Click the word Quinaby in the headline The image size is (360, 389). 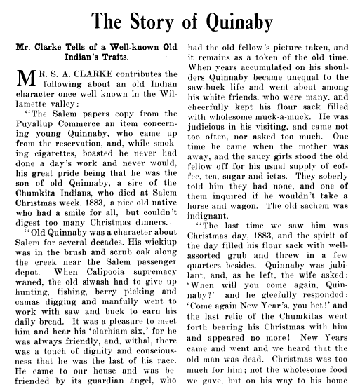coord(234,23)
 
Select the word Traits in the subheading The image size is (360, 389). coord(114,62)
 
